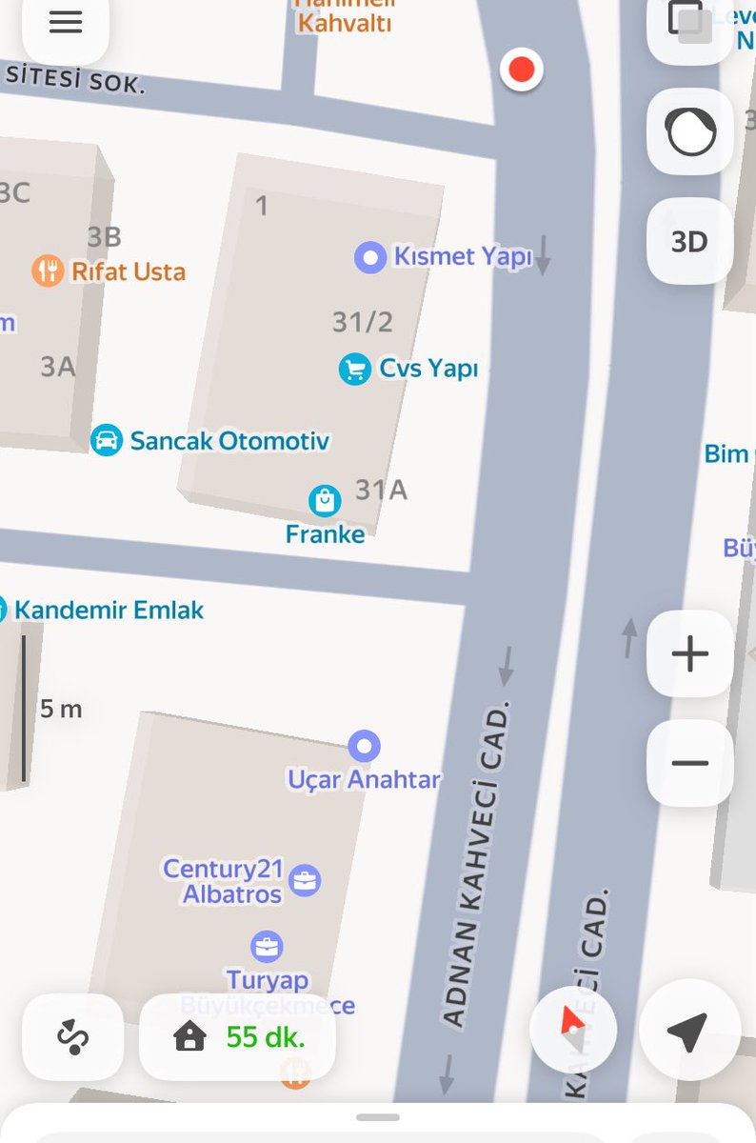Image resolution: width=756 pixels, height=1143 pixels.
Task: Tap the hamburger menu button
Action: tap(65, 23)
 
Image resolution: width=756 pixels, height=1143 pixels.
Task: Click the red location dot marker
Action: tap(521, 70)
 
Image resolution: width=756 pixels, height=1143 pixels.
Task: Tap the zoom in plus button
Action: tap(689, 654)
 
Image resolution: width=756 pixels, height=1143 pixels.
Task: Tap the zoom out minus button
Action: tap(689, 763)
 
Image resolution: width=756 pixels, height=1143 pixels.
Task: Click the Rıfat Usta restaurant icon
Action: tap(48, 271)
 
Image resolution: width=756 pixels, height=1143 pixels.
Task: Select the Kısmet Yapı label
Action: tap(462, 257)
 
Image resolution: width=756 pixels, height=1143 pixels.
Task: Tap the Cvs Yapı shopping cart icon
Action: tap(355, 369)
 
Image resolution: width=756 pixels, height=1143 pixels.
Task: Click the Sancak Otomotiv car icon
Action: tap(107, 440)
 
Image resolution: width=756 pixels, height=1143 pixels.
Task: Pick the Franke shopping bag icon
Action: tap(325, 500)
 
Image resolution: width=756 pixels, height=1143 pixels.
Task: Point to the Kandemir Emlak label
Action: tap(109, 610)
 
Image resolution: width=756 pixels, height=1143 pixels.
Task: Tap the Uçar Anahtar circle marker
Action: tap(364, 746)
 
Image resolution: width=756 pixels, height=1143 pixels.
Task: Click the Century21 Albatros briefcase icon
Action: tap(305, 880)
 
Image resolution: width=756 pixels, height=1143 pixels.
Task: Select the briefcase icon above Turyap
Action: tap(267, 947)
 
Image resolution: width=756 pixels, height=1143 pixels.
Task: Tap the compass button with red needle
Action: tap(573, 1030)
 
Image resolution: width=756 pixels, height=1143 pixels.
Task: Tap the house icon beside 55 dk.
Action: tap(190, 1036)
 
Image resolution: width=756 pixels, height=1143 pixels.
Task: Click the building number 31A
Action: tap(381, 490)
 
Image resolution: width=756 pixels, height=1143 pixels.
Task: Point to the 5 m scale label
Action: tap(61, 710)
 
